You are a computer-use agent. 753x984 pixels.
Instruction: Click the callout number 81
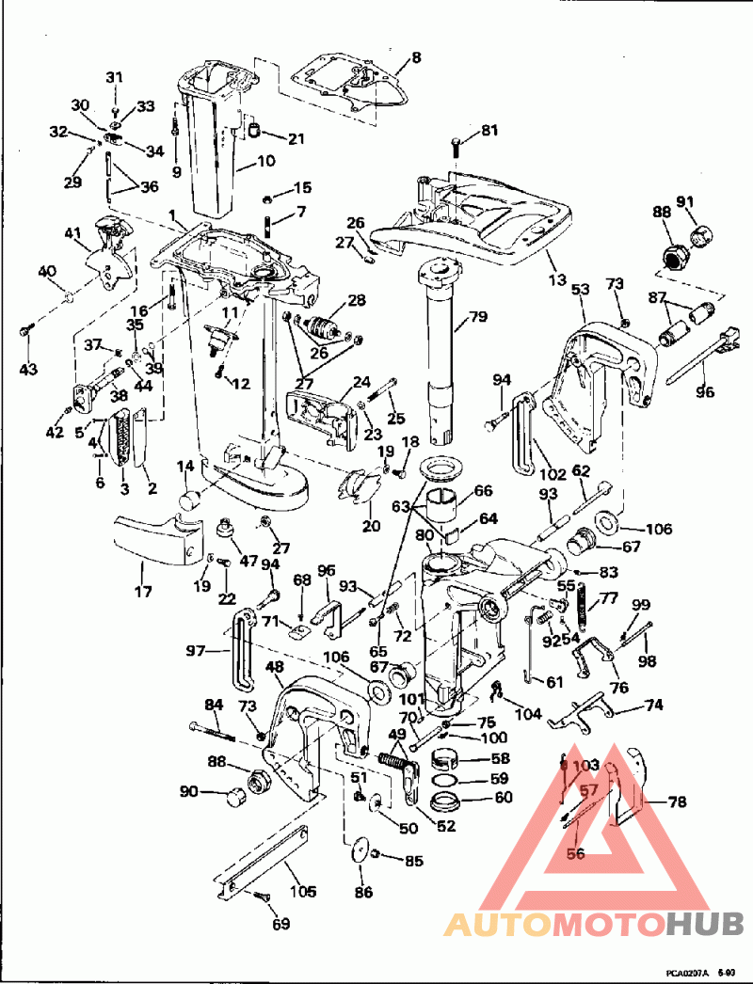[489, 131]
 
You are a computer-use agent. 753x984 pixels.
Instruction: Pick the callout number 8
[416, 56]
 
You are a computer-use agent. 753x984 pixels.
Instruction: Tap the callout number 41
[73, 232]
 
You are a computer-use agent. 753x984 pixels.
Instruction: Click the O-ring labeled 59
[448, 780]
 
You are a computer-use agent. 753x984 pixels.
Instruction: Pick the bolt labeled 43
[27, 332]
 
